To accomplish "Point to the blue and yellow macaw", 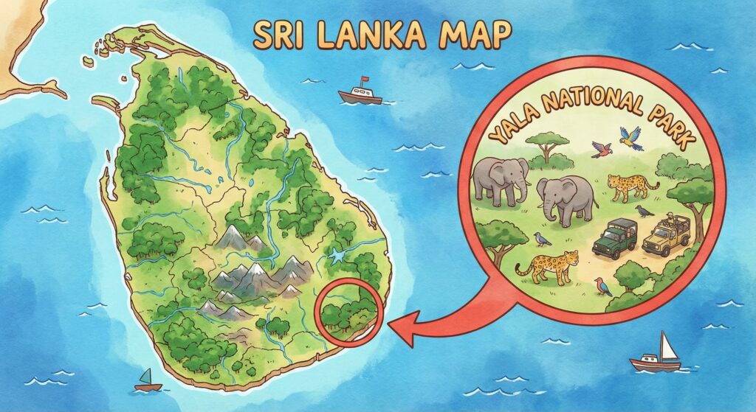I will tap(632, 138).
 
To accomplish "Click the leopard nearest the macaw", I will tap(632, 185).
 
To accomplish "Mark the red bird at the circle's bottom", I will tap(603, 284).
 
